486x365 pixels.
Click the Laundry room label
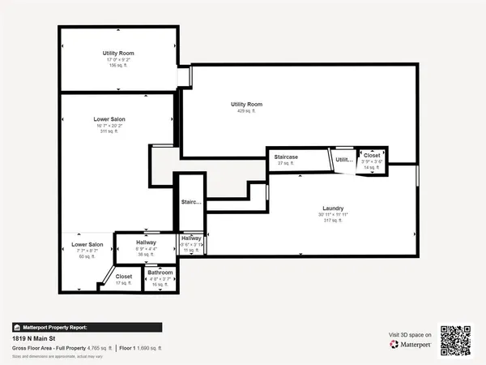(333, 208)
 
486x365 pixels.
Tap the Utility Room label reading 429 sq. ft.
(246, 105)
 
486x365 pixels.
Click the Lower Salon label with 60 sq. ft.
(87, 245)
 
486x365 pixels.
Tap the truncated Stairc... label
(191, 202)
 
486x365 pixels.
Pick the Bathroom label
(160, 273)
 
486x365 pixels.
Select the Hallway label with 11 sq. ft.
(191, 238)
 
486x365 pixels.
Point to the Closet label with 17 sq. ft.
(123, 277)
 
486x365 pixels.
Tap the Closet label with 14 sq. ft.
(371, 155)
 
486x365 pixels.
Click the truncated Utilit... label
(344, 160)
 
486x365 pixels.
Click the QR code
(455, 340)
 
